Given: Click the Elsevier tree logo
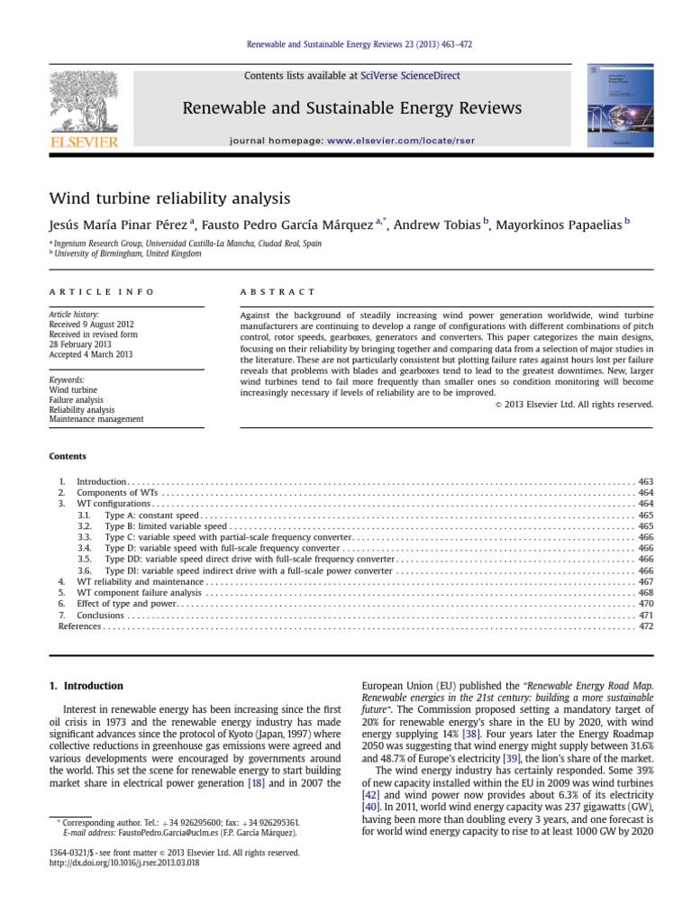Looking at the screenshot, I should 84,104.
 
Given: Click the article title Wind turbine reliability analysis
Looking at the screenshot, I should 169,196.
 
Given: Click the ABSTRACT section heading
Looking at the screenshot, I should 278,292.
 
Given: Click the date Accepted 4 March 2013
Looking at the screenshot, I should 90,354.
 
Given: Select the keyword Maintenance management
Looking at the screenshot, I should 96,419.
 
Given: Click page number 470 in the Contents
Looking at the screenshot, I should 645,604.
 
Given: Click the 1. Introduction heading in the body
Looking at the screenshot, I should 86,686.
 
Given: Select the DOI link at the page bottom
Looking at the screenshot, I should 123,863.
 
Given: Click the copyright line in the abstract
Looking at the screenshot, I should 574,404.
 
